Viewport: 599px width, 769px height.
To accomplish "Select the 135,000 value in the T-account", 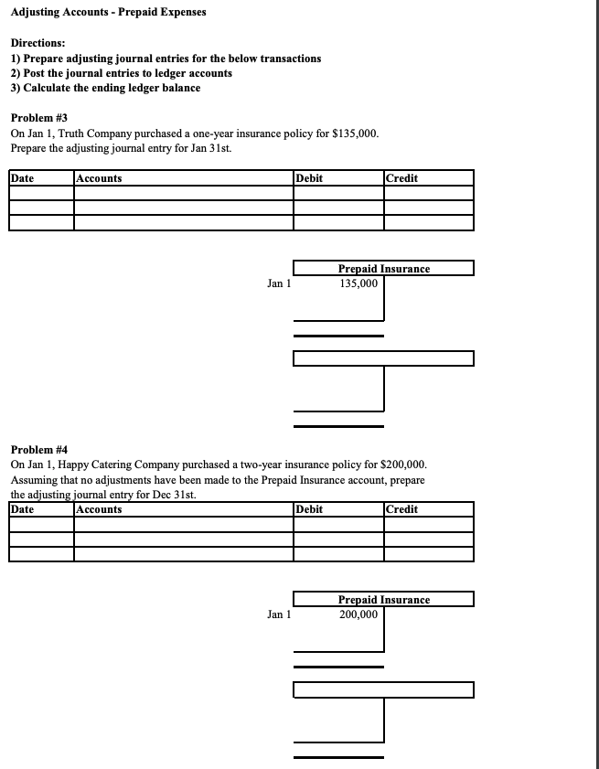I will (x=358, y=283).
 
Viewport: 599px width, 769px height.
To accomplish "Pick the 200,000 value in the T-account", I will (x=358, y=614).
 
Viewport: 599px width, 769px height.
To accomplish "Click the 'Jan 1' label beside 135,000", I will (x=279, y=283).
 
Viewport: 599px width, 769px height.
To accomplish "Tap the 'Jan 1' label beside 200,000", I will (x=279, y=614).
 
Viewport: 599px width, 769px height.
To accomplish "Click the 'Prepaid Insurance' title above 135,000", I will (x=383, y=269).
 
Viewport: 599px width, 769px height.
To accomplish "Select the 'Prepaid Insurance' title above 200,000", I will (x=383, y=600).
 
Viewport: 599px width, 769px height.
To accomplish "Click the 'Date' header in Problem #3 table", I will (x=23, y=178).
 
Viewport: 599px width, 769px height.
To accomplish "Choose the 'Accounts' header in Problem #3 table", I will (x=100, y=178).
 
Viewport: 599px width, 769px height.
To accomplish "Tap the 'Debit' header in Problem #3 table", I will (x=309, y=178).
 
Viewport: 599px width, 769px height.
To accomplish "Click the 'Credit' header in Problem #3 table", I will (x=402, y=178).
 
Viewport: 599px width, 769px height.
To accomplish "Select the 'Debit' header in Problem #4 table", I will (x=309, y=509).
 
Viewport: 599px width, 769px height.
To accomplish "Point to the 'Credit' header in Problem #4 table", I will (x=402, y=509).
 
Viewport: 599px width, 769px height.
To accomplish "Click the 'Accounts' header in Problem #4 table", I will (x=100, y=509).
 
